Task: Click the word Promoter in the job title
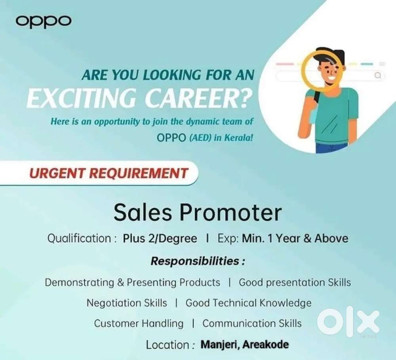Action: [231, 212]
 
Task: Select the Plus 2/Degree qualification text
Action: [160, 239]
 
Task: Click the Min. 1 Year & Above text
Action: [295, 239]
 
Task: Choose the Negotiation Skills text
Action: [127, 303]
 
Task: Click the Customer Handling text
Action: [139, 324]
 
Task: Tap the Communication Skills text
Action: [252, 324]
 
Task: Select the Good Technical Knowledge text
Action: [248, 303]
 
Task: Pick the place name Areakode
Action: [266, 344]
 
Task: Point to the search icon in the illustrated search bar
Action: [378, 75]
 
